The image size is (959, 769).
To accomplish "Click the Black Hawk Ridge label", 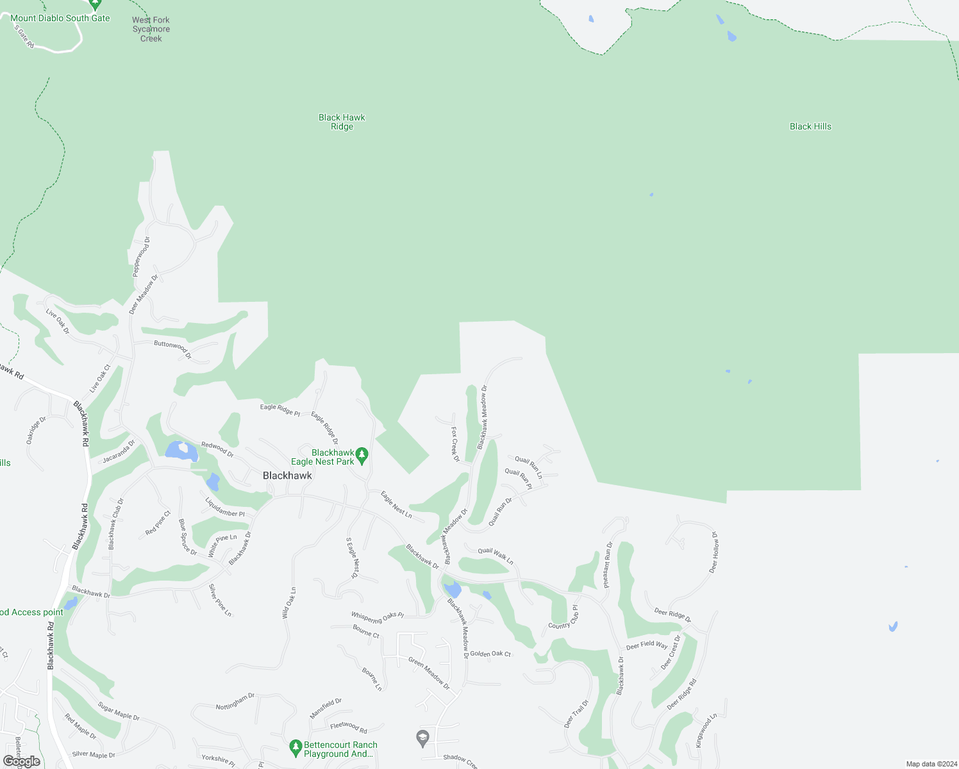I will pos(342,122).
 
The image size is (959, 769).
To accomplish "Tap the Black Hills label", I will pos(810,126).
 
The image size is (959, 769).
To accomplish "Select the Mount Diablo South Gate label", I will pos(60,18).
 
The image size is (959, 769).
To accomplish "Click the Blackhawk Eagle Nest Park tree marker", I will pos(362,456).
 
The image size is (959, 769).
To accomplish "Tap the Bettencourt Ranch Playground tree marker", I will pos(296,747).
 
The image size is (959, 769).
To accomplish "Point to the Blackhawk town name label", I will pos(287,475).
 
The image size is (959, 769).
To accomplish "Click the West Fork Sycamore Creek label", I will pos(151,29).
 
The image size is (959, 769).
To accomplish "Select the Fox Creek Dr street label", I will pos(455,444).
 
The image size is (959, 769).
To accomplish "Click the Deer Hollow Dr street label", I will pos(713,552).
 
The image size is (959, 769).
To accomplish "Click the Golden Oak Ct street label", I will pos(490,654).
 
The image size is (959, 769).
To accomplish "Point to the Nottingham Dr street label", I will pos(235,702).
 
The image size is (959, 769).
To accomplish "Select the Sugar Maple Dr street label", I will pos(119,711).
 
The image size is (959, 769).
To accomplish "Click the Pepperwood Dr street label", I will pos(141,257).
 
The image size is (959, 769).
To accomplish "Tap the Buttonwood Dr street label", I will pos(172,349).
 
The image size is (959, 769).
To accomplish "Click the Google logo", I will pos(22,761).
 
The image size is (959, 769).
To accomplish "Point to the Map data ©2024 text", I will pos(930,764).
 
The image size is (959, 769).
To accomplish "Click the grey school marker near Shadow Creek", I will pos(422,738).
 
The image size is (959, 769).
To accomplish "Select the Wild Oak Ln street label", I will pos(289,602).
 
